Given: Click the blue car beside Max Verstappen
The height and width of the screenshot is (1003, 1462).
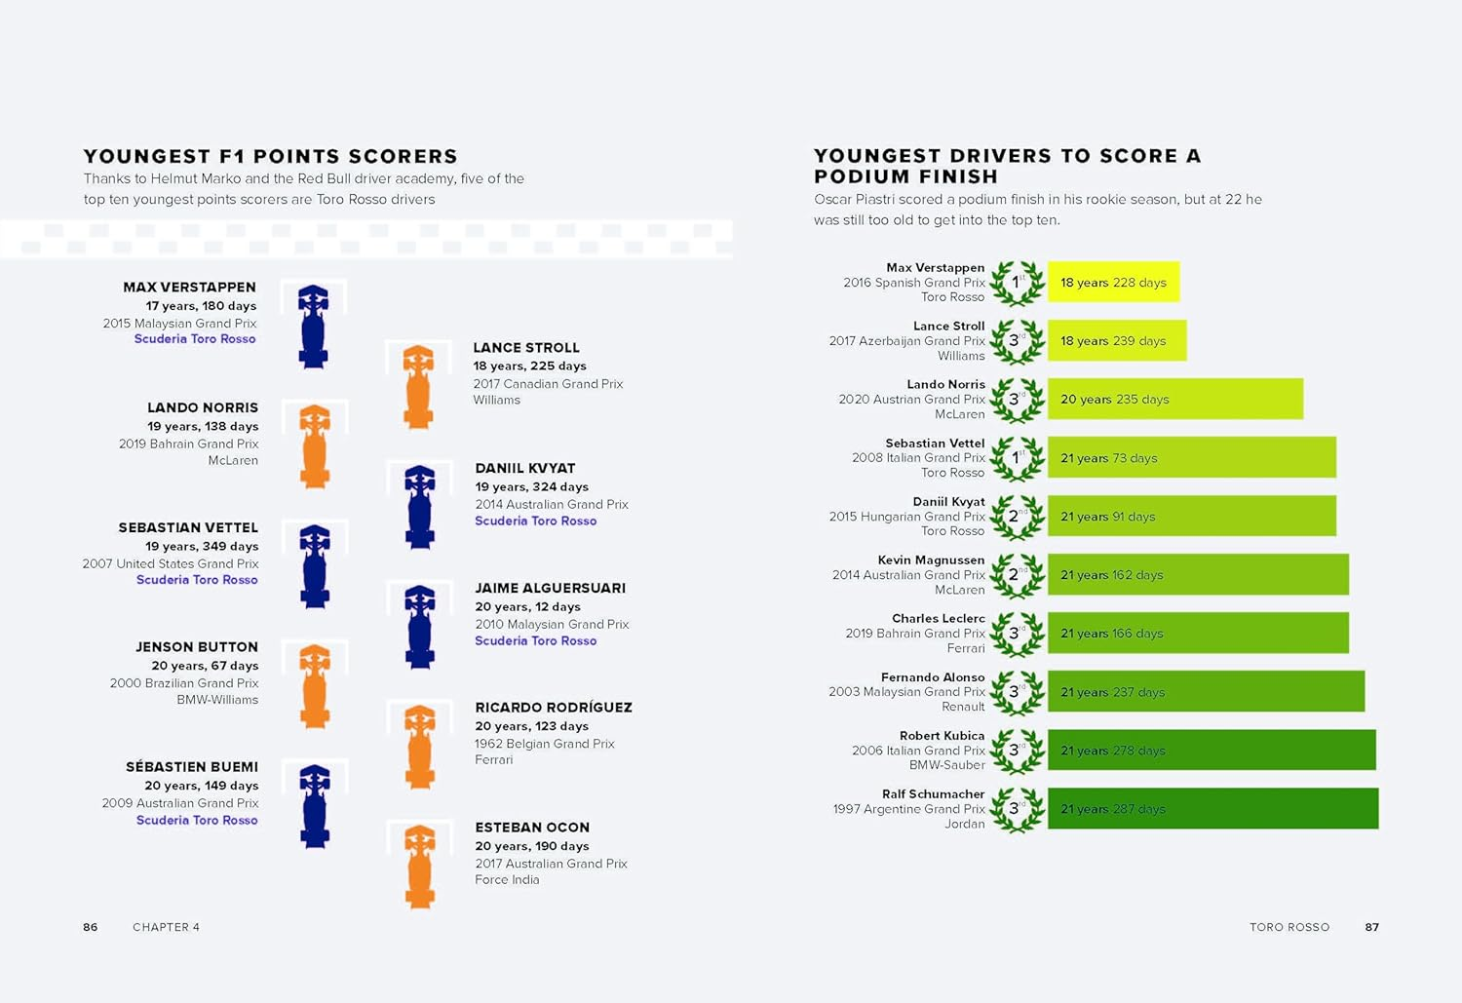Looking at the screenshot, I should click(313, 327).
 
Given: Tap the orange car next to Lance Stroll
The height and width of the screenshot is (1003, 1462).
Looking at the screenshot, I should click(418, 387).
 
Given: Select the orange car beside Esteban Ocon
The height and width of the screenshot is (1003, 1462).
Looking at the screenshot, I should click(419, 867).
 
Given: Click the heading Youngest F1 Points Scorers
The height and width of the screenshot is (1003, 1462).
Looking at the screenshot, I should click(270, 156).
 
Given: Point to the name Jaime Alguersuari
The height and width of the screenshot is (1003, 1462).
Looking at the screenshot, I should click(550, 588).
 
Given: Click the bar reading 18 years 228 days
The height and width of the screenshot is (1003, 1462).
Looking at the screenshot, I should click(1113, 282).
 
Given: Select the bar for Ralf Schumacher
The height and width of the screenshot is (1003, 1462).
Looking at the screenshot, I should click(1212, 808).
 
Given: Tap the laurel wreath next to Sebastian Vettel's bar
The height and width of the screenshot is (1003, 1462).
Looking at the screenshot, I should click(1017, 458).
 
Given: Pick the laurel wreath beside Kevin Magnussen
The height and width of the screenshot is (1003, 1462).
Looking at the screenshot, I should click(1017, 575).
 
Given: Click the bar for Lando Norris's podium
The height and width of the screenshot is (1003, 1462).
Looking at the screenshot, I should click(1174, 399).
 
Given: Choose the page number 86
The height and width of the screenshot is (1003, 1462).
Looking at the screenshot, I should click(91, 927).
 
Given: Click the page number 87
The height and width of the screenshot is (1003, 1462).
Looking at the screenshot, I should click(1371, 927).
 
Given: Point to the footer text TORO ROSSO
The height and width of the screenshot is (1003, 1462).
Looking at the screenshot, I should click(1289, 927).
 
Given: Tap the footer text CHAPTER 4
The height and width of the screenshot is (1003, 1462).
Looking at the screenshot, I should click(166, 927).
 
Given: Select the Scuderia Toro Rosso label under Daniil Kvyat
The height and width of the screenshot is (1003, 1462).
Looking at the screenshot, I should click(535, 521).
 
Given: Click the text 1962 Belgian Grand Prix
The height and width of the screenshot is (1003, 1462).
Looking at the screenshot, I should click(544, 744).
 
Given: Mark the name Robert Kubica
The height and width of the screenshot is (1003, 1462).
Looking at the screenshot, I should click(942, 736).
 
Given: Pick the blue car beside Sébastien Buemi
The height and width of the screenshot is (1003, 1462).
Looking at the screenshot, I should click(314, 805).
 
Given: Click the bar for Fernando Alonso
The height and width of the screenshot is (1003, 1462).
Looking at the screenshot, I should click(1206, 691).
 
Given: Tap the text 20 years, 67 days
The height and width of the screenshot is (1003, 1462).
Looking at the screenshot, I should click(205, 666).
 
